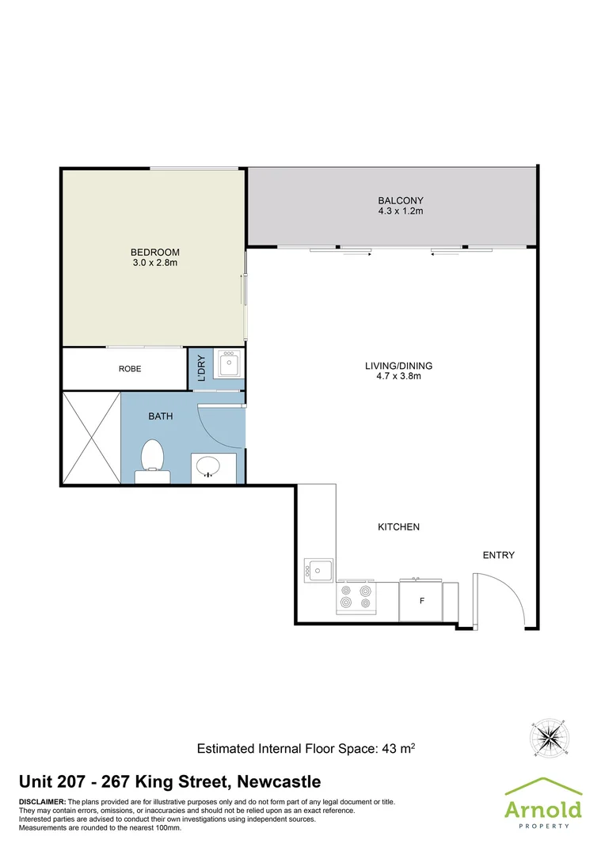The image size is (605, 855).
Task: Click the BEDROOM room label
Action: [150, 252]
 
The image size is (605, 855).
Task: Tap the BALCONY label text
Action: [400, 200]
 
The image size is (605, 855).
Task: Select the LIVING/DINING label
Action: [398, 366]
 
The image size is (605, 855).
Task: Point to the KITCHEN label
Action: [398, 526]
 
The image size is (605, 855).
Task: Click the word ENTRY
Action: [498, 555]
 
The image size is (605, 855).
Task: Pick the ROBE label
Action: [130, 369]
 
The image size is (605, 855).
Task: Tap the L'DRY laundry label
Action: [201, 369]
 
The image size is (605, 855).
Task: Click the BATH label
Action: [160, 416]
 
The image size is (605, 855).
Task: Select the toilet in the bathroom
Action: [152, 462]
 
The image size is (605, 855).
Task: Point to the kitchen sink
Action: [319, 569]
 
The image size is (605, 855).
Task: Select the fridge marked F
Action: [421, 601]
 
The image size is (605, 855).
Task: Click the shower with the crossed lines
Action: [90, 438]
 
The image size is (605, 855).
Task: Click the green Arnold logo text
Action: [543, 808]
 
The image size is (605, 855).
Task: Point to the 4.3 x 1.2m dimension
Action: [400, 211]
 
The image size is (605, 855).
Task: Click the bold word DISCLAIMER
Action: [42, 802]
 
